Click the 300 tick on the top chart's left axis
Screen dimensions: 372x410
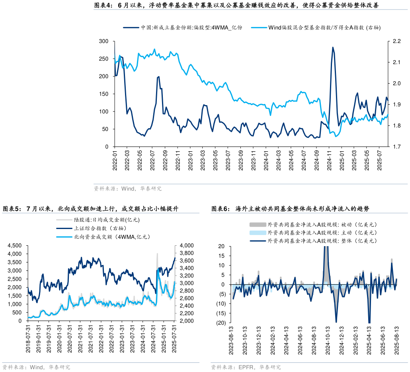click(x=104, y=41)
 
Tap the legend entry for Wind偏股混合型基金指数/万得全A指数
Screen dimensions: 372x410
click(x=325, y=27)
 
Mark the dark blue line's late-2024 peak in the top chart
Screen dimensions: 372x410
click(x=333, y=47)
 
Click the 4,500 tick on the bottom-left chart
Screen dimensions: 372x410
click(x=15, y=246)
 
